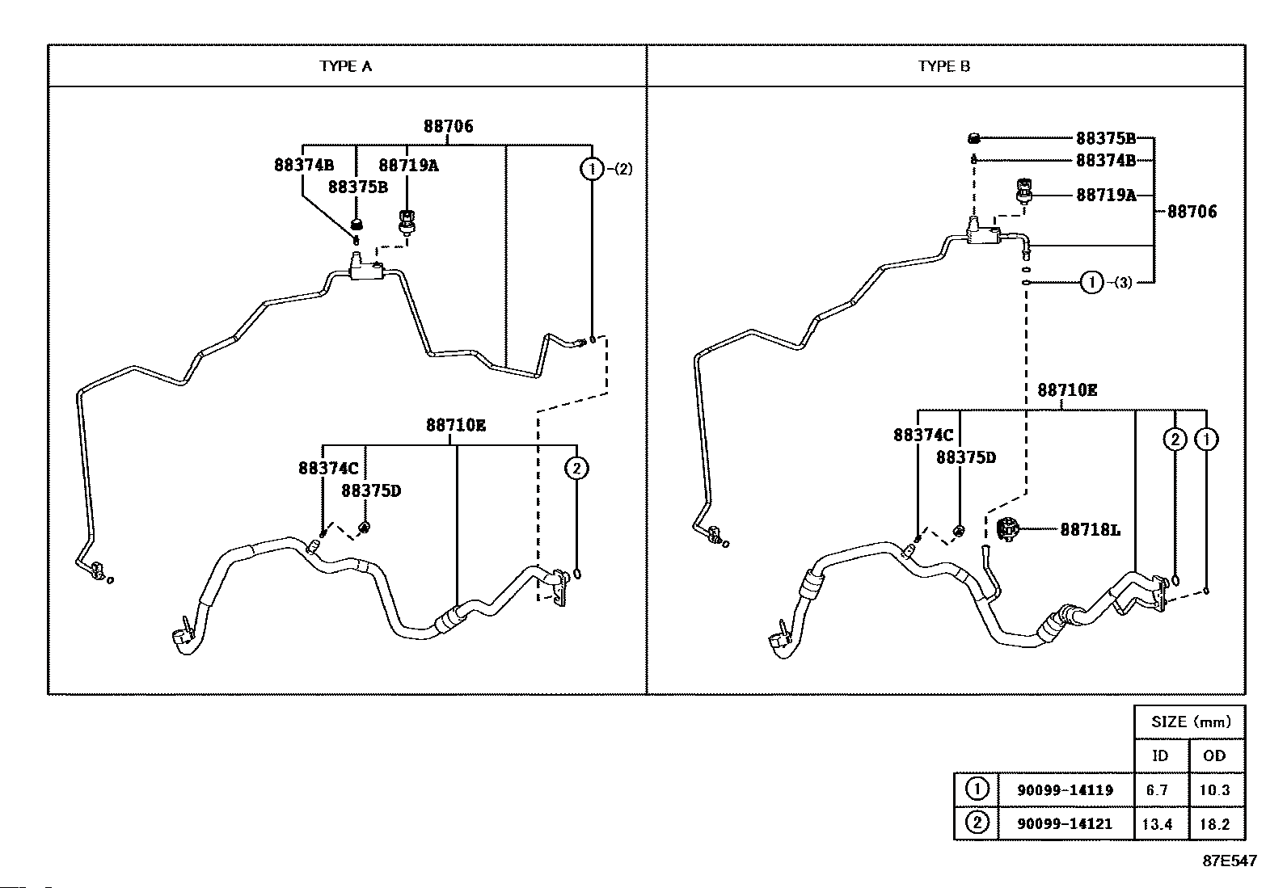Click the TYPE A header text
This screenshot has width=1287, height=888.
click(346, 66)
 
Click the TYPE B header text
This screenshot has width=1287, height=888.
click(944, 66)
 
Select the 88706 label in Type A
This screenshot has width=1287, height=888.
click(448, 126)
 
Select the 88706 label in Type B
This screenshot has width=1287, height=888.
click(1192, 212)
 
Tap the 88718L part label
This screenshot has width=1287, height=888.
click(1090, 529)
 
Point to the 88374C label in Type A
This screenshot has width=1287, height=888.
click(328, 469)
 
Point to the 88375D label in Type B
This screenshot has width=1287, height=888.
click(966, 458)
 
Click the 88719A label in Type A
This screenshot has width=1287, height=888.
click(408, 166)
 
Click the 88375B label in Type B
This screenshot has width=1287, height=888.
click(1106, 138)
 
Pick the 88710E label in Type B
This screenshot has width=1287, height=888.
click(1067, 390)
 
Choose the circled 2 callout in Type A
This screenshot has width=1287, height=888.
click(576, 468)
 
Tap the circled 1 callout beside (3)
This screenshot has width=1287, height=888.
click(1091, 282)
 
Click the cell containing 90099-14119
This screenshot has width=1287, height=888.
click(1065, 789)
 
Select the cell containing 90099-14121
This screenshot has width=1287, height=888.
click(1065, 823)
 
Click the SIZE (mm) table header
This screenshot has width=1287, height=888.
click(1190, 722)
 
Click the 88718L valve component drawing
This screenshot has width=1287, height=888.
click(1008, 529)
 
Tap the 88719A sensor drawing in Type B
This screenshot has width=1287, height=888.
click(1024, 191)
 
